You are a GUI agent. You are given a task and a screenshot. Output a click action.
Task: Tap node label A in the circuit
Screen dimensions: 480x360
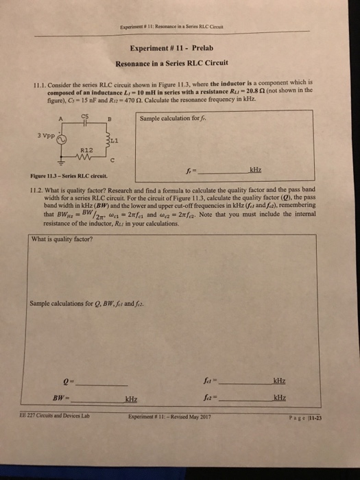[x=60, y=117]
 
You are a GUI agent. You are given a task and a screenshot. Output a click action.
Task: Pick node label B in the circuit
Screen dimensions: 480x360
[x=110, y=117]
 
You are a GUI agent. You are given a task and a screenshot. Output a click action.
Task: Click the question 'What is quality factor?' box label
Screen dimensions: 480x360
[x=62, y=239]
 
